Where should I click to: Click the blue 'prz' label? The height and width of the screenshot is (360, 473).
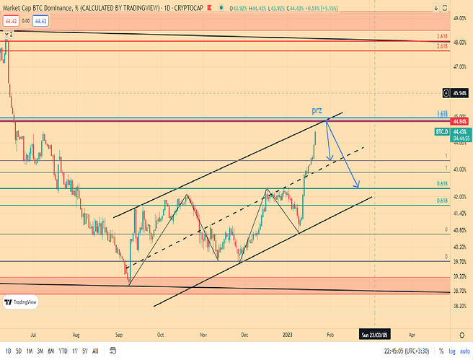tap(317, 110)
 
